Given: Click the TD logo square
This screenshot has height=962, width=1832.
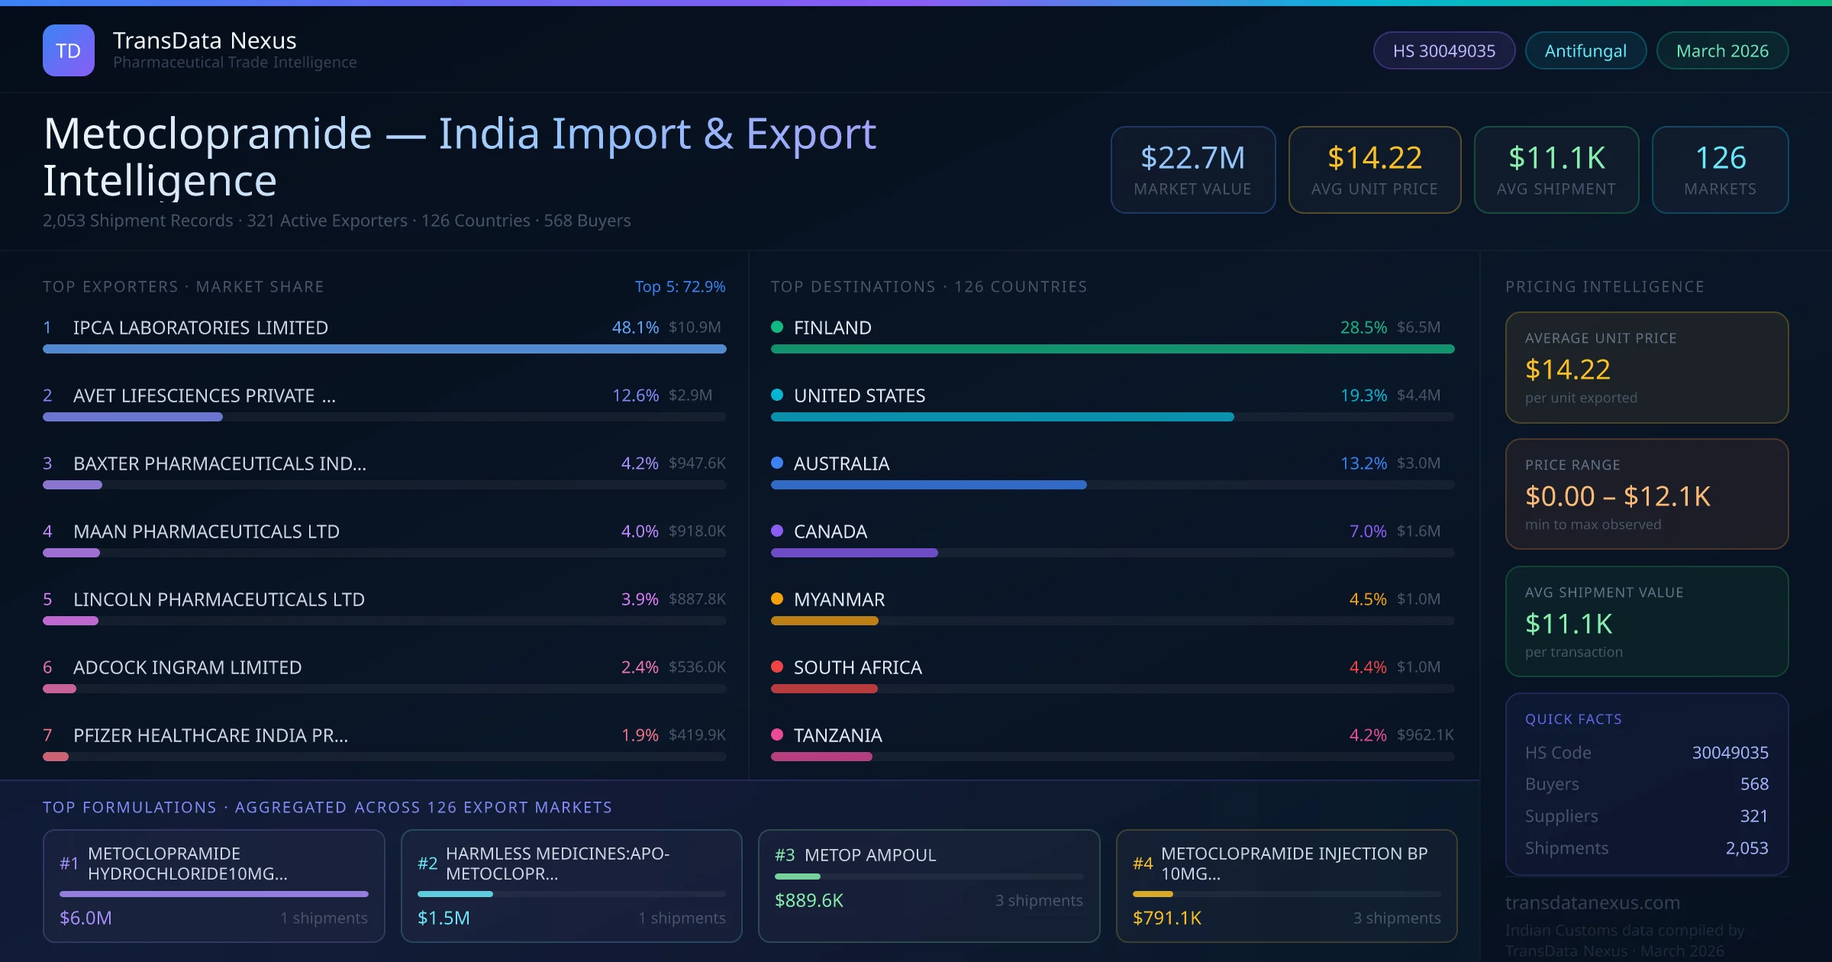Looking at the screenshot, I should (x=69, y=50).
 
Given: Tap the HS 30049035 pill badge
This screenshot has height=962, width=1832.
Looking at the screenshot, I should (x=1443, y=50).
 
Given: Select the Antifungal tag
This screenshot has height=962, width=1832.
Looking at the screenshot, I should (x=1585, y=50).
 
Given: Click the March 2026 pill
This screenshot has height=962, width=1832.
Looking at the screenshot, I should (x=1722, y=50).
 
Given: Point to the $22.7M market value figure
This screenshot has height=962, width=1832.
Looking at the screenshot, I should (x=1192, y=158).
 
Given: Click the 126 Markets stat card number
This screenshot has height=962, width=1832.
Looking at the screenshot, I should (x=1720, y=158).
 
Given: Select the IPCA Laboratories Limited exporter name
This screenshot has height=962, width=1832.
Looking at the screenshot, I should (x=201, y=328).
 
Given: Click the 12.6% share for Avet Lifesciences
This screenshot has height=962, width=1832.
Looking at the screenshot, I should (x=635, y=395).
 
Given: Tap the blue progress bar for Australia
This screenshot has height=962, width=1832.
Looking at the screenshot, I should (x=928, y=485).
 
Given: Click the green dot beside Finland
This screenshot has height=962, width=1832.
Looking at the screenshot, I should (x=777, y=327).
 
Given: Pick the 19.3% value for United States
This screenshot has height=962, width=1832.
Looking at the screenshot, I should (x=1363, y=395).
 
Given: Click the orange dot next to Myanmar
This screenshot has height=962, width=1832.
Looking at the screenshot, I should (x=777, y=599).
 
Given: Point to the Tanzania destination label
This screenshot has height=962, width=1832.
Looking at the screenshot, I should (x=837, y=735).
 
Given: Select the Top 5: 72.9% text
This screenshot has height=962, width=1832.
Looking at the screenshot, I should (x=679, y=286).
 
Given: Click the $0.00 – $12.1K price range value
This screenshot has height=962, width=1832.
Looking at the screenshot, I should (x=1618, y=496).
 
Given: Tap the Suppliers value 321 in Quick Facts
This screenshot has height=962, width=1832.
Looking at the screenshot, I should (x=1753, y=816).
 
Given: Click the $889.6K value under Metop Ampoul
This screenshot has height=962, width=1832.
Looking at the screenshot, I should (x=809, y=901).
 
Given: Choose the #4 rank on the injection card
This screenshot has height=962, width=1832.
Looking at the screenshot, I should (x=1143, y=864).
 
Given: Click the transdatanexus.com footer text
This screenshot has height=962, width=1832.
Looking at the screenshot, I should (x=1592, y=902).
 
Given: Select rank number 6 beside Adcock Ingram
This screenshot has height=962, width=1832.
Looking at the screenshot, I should (x=47, y=667).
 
